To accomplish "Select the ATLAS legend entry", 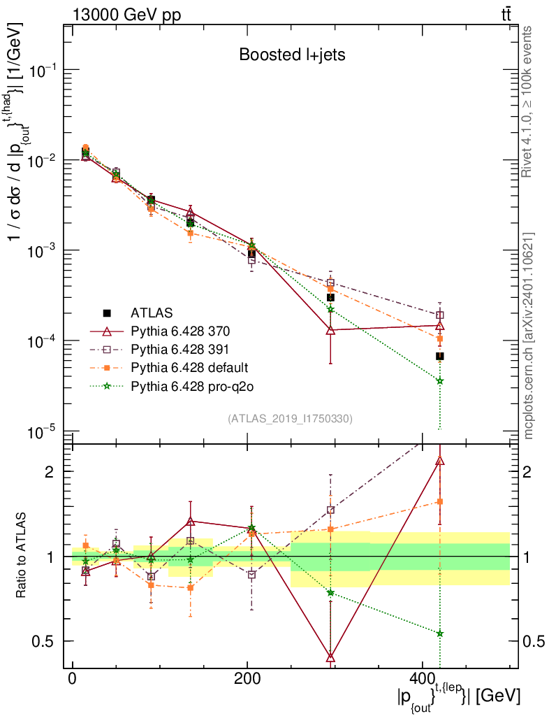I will (x=151, y=312).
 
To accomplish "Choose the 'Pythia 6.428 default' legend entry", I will (x=189, y=367).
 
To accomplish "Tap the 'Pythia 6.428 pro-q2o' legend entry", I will (x=190, y=385).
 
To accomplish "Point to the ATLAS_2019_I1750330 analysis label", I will (x=290, y=419).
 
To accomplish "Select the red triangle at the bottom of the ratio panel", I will (x=330, y=657).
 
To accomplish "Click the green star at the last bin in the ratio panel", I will (x=440, y=633).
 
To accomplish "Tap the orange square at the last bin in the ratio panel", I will (x=440, y=501).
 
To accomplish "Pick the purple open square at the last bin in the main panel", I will (x=440, y=315).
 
